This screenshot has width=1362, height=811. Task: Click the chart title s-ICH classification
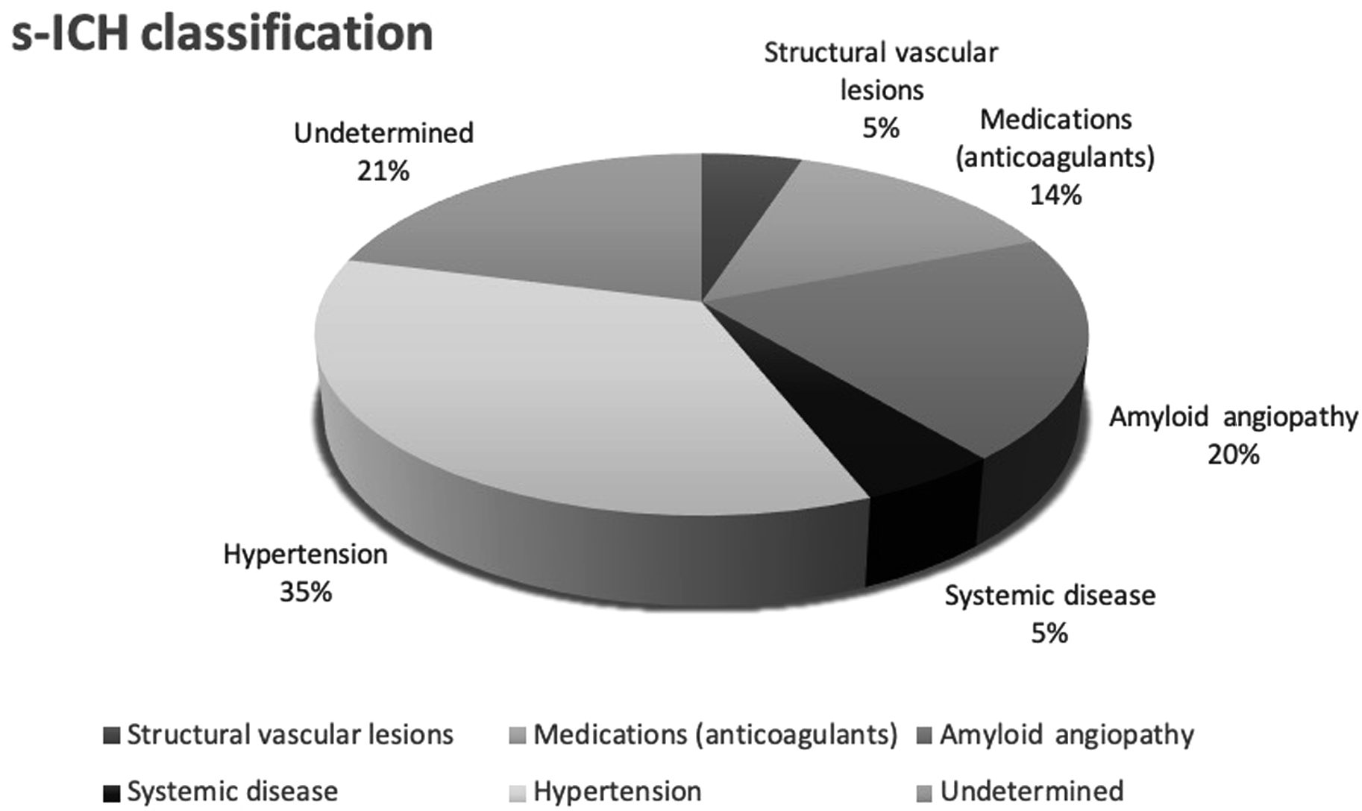[x=222, y=33]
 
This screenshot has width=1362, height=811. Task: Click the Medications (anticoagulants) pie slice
[x=865, y=224]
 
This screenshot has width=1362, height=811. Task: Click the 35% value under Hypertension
[x=306, y=593]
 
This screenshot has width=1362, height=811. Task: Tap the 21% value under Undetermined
[x=383, y=171]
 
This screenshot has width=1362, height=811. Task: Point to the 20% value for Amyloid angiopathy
[x=1234, y=454]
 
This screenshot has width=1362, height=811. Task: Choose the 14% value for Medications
[x=1055, y=195]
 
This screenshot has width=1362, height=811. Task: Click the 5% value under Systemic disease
[x=1049, y=634]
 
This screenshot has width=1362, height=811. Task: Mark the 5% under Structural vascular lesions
[x=881, y=128]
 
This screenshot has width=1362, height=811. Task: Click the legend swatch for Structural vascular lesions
[x=112, y=736]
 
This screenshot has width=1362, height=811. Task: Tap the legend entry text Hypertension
[x=617, y=791]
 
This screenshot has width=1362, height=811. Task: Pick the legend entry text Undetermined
[x=1032, y=791]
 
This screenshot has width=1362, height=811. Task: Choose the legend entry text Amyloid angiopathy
[x=1067, y=735]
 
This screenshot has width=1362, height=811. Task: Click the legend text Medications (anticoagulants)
[x=715, y=735]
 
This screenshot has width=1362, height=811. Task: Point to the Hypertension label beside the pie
[x=306, y=555]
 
